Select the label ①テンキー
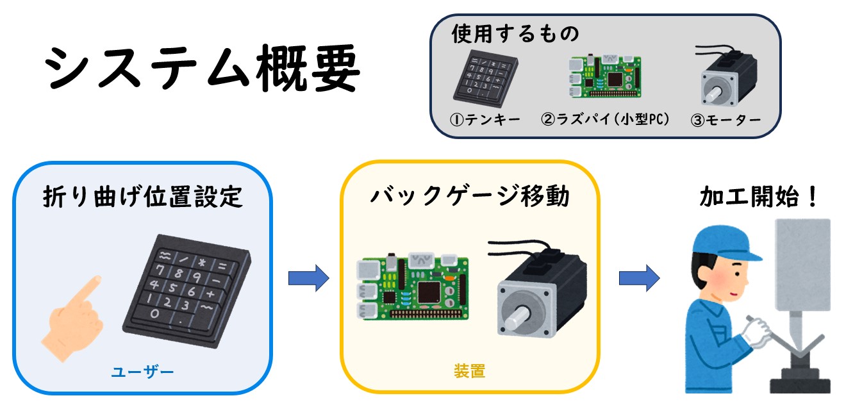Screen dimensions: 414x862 [485, 119]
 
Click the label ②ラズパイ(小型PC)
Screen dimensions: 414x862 [605, 119]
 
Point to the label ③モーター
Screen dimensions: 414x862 [725, 120]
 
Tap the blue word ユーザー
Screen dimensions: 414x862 [142, 372]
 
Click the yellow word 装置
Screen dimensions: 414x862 [469, 371]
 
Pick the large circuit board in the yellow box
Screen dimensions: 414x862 [413, 288]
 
